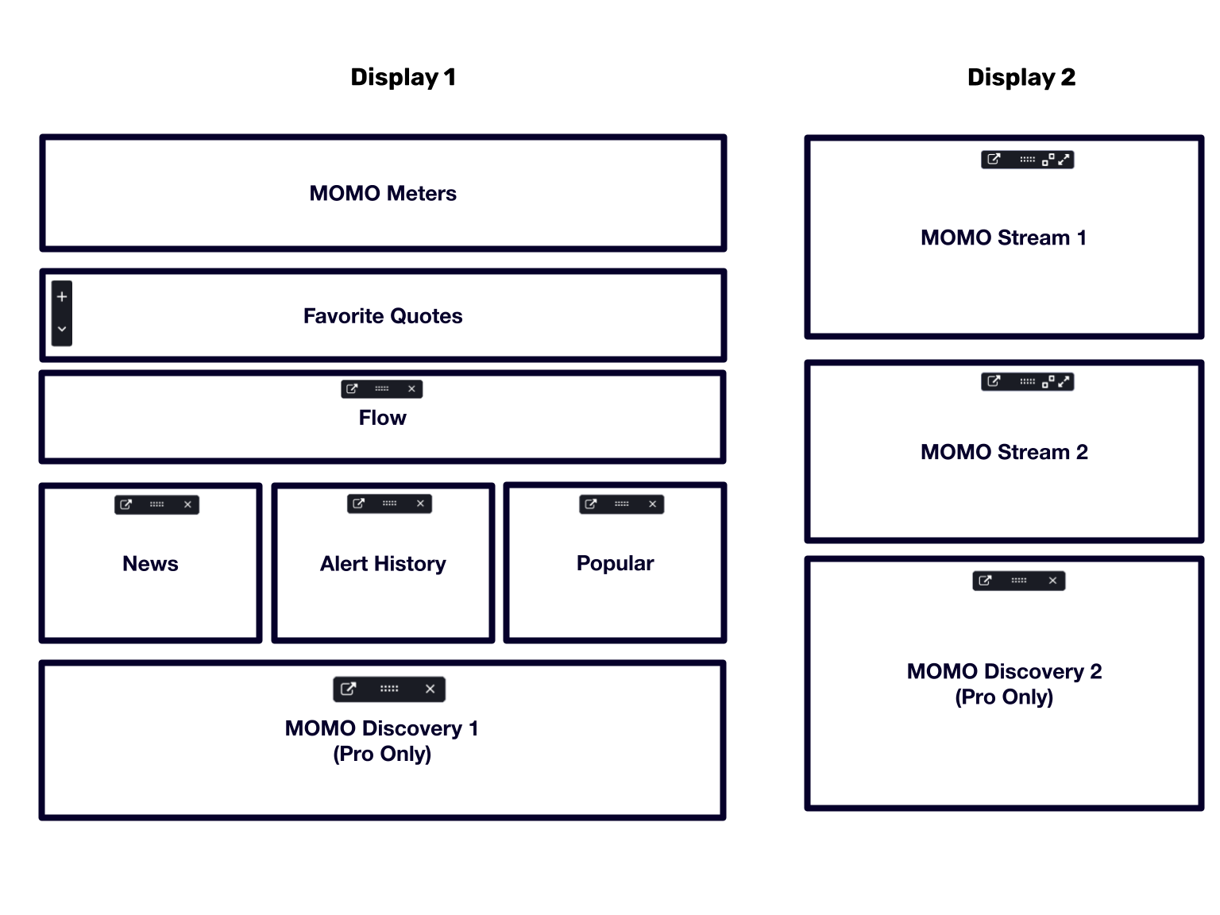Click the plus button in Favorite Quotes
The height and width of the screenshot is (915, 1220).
coord(62,297)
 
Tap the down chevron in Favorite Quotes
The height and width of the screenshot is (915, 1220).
coord(62,329)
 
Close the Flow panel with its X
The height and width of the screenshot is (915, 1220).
coord(411,388)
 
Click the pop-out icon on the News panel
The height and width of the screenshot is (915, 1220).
coord(125,504)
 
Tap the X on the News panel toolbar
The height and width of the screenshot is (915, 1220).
coord(187,504)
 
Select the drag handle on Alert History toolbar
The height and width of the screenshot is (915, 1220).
coord(389,504)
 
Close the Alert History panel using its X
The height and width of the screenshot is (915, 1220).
coord(420,504)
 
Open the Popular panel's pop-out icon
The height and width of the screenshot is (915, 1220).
coord(591,504)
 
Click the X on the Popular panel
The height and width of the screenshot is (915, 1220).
coord(653,504)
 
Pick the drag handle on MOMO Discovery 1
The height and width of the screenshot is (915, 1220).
coord(389,689)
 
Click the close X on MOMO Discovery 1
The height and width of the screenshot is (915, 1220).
coord(430,689)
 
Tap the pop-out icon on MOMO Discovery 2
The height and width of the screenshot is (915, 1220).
coord(985,581)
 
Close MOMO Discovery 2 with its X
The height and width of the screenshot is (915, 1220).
coord(1053,581)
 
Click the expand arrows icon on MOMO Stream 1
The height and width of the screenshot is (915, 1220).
coord(1064,160)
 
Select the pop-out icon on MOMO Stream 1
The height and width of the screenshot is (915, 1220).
coord(994,160)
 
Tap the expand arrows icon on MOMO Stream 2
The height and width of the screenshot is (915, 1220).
coord(1064,381)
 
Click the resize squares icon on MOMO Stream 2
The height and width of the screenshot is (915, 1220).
coord(1048,381)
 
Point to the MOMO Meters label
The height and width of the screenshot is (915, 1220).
coord(383,194)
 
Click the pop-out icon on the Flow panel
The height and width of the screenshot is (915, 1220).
coord(352,388)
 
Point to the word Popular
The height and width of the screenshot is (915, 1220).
coord(615,564)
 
